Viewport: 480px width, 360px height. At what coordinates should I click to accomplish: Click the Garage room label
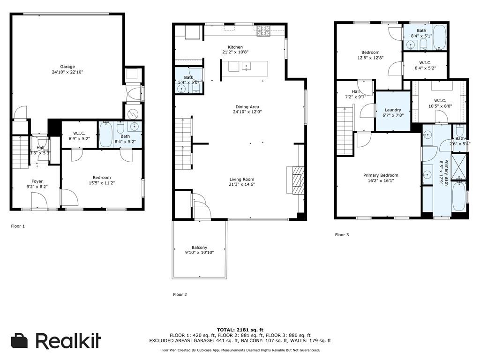67,67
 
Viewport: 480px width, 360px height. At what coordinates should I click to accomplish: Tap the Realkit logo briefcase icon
20,341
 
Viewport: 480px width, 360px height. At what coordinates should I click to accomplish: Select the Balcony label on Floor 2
199,247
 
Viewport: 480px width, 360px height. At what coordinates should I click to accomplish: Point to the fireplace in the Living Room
295,180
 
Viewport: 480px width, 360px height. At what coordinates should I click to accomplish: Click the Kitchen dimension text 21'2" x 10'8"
235,52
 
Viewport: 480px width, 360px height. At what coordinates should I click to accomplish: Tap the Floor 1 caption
18,226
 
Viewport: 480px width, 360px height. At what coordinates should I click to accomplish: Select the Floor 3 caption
342,234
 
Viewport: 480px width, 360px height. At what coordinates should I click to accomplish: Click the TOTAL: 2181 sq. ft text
240,330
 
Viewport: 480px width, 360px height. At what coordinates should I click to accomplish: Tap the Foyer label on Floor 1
37,181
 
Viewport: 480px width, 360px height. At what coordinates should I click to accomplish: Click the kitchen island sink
246,67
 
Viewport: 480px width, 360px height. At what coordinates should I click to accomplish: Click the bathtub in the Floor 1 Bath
106,135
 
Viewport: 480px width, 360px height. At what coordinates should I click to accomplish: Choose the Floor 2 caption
180,294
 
